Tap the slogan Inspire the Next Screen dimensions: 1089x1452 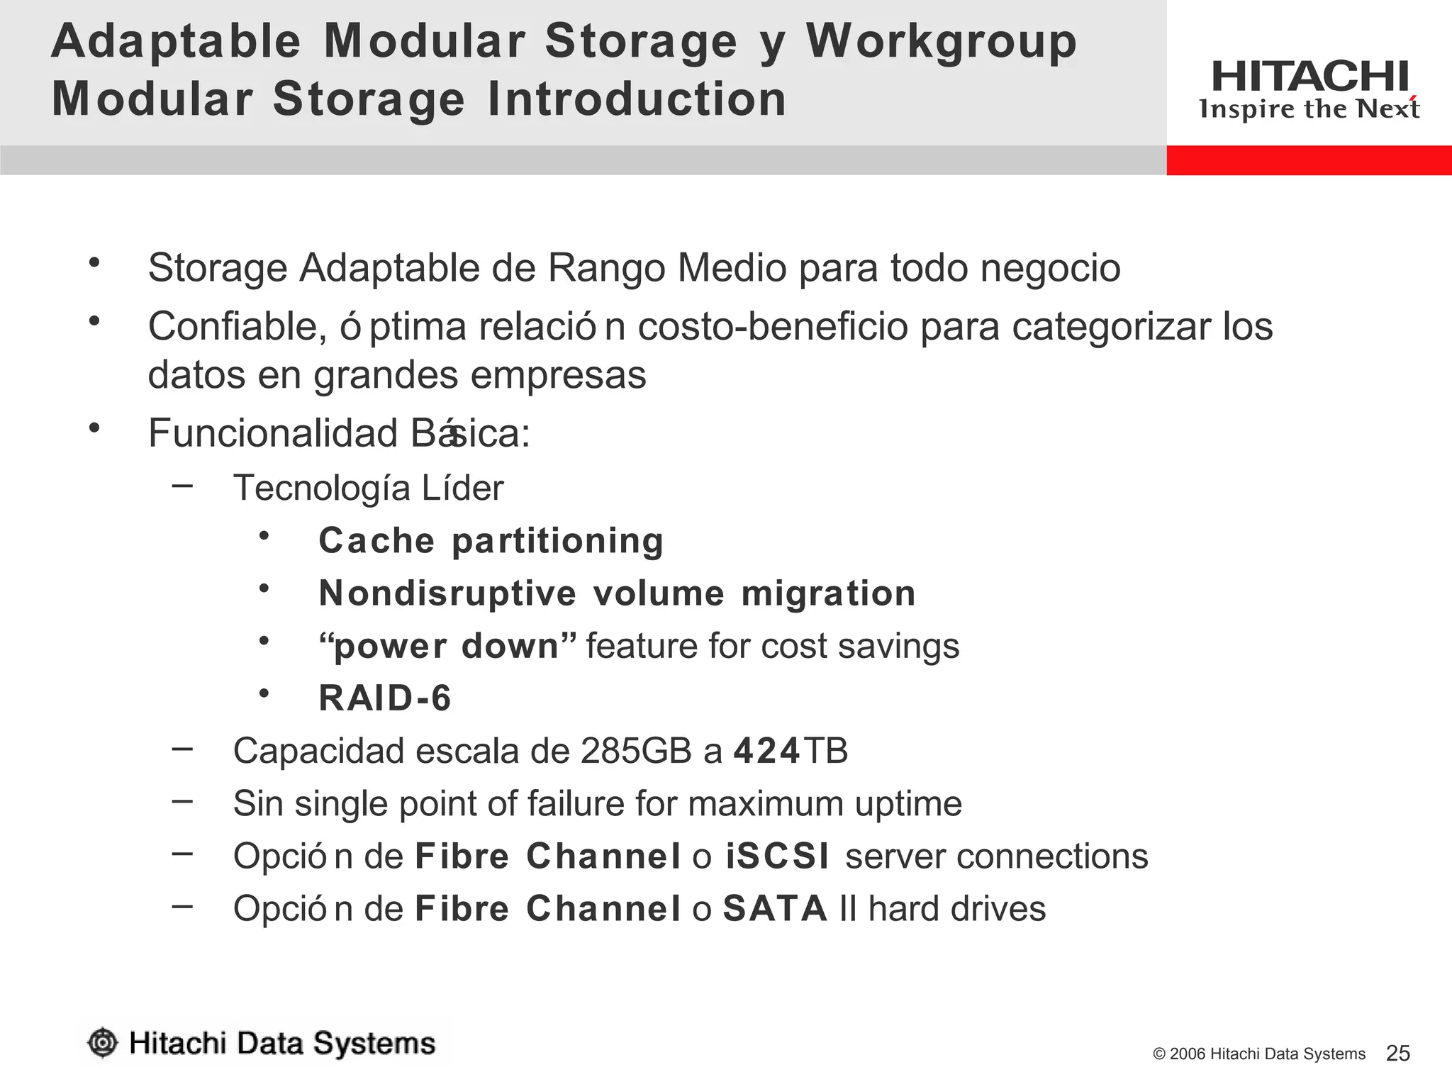[x=1309, y=109]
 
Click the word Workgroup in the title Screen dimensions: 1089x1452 [x=941, y=43]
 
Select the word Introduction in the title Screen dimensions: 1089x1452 [x=637, y=99]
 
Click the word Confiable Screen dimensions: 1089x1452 [x=237, y=327]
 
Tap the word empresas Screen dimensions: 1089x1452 [x=558, y=375]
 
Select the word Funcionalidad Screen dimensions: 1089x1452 [x=273, y=433]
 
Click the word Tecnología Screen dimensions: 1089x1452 [x=322, y=488]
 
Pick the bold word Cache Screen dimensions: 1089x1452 [x=376, y=541]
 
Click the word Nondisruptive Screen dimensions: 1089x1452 [x=447, y=593]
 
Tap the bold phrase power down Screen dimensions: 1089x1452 [x=447, y=647]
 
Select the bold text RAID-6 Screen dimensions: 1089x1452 [x=385, y=698]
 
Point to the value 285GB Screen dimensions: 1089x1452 [x=636, y=751]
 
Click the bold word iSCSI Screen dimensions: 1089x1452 [x=777, y=856]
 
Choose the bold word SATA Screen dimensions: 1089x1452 [x=775, y=909]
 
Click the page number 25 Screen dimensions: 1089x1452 [x=1397, y=1054]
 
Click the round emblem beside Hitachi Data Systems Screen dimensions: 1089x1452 [x=103, y=1043]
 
